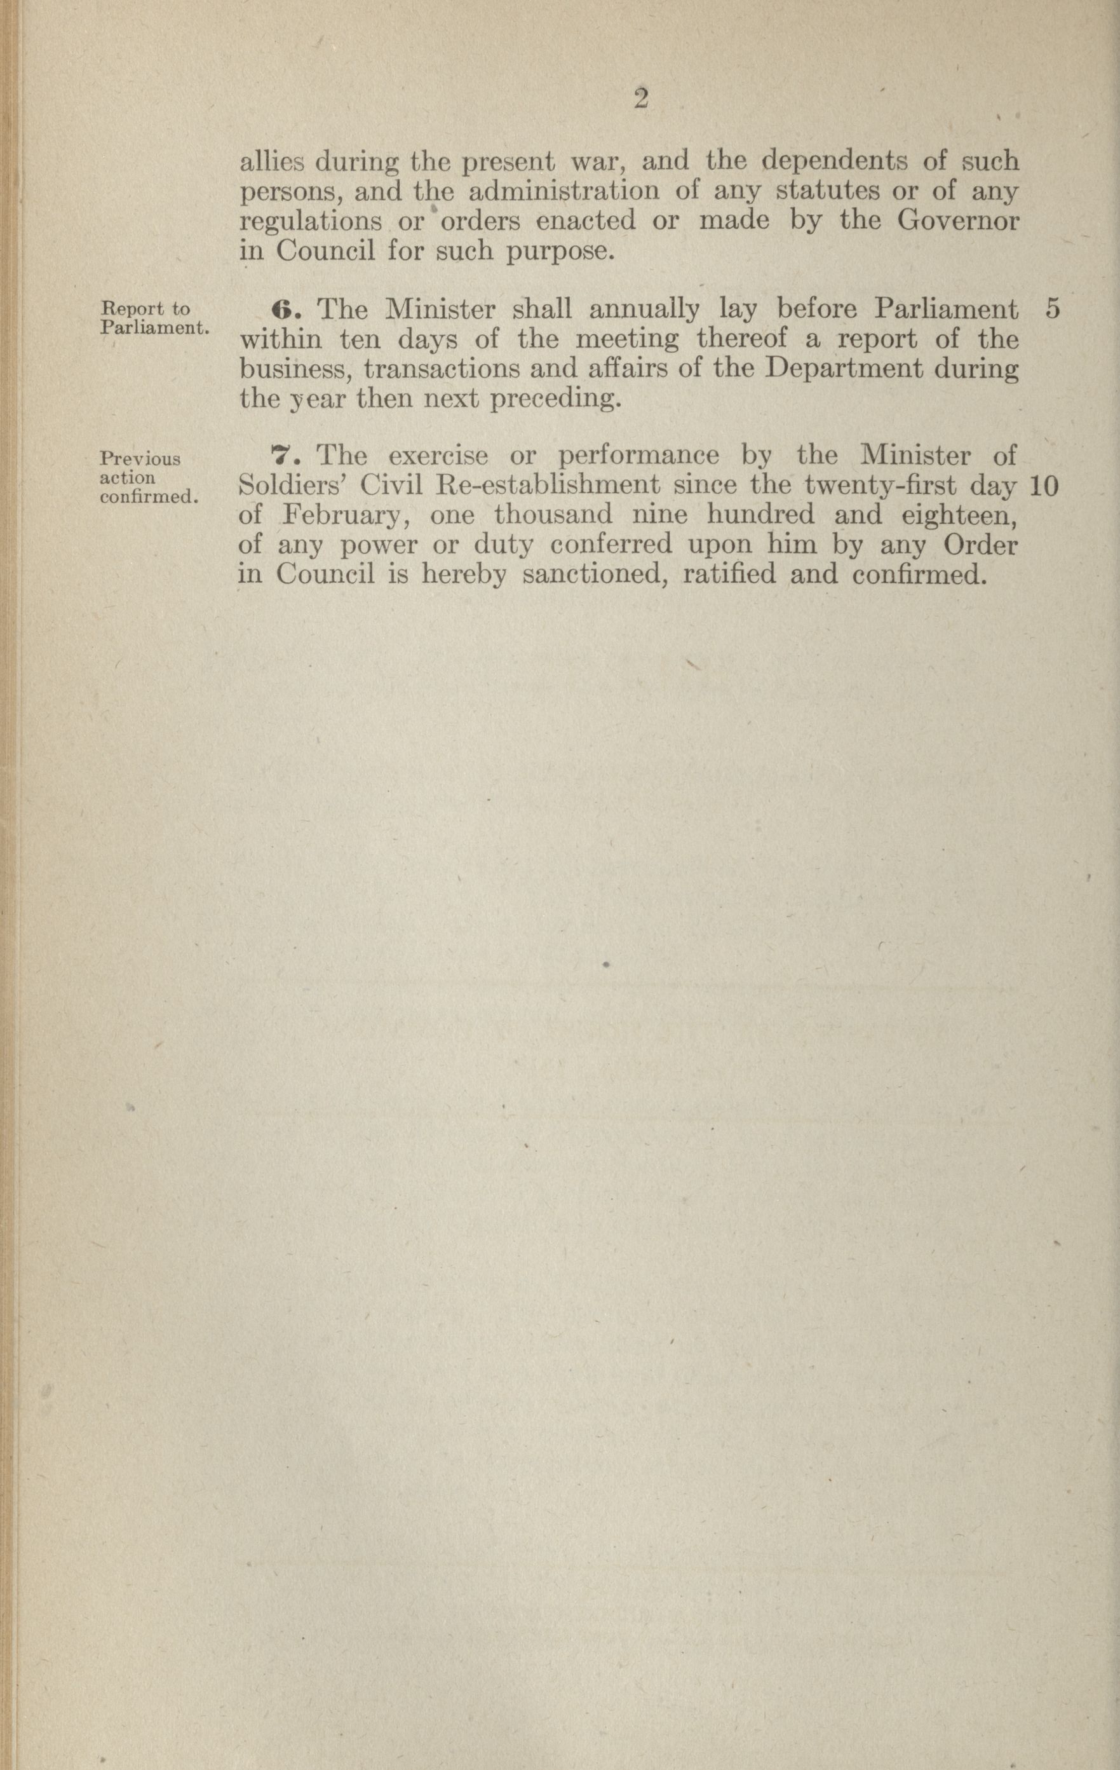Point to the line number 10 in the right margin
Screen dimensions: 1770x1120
pyautogui.click(x=1044, y=486)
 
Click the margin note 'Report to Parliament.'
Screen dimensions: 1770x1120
pyautogui.click(x=154, y=318)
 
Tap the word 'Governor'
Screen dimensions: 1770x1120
pyautogui.click(x=958, y=221)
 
